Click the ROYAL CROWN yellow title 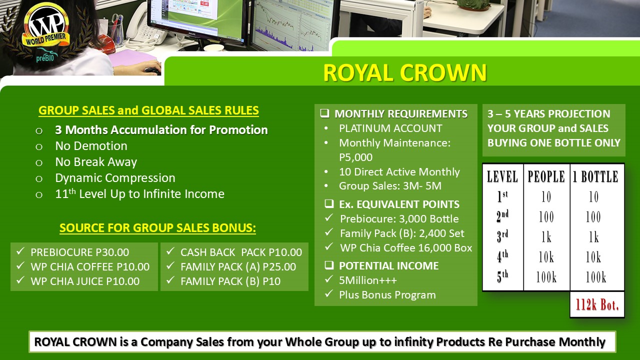[x=405, y=72]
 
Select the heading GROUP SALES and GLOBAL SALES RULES [x=148, y=110]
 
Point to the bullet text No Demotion [x=91, y=146]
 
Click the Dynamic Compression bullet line [x=115, y=178]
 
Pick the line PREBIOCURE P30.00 [x=79, y=252]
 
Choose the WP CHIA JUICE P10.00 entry [x=85, y=281]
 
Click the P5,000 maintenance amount [x=355, y=157]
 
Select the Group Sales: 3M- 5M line [x=390, y=186]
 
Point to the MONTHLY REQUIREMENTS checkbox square [x=324, y=113]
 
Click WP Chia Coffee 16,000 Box [x=406, y=248]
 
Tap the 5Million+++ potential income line [x=368, y=280]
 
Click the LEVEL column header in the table [x=502, y=176]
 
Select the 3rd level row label [x=502, y=236]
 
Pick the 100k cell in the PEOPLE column [x=546, y=276]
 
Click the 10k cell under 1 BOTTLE [x=593, y=256]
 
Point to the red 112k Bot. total [x=597, y=304]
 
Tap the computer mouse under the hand [x=153, y=70]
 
